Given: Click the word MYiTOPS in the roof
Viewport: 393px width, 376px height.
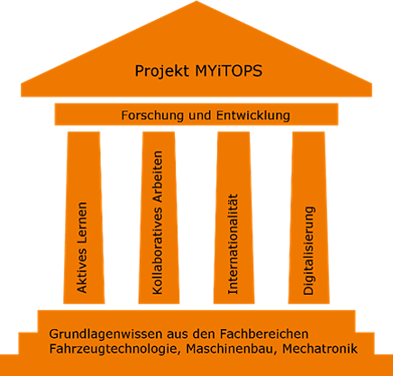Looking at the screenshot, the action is coord(229,71).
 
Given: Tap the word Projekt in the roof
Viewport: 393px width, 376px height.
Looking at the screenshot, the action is coord(162,71).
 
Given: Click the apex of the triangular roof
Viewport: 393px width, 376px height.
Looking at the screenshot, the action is coord(196,1).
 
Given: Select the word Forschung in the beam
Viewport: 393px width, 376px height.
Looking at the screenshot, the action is coord(152,115).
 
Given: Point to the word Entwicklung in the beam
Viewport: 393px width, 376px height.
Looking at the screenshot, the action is coord(253,115).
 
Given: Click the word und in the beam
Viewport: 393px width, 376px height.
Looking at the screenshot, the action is coord(199,115).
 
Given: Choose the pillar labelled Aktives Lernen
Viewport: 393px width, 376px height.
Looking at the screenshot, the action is coord(84,217).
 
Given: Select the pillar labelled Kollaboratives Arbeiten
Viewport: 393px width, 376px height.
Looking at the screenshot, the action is coord(159,217).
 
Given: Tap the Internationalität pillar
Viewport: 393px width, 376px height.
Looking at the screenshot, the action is coord(233,217).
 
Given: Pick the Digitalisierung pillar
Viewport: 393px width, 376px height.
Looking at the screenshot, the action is coord(308,217).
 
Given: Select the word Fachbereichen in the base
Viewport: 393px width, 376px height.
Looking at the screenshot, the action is coord(264,334).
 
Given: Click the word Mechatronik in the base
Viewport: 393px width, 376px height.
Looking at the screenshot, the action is coord(320,349).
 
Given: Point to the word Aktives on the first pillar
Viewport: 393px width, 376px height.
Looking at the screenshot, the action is coord(82,272).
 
